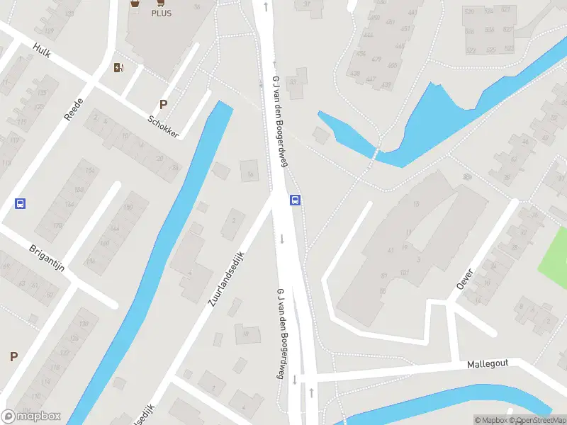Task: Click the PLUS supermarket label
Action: click(161, 13)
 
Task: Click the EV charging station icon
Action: click(119, 68)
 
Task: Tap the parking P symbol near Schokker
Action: click(163, 104)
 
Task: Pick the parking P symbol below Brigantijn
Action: click(13, 356)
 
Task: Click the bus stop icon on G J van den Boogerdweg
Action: click(296, 200)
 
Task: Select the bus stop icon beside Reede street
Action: click(20, 203)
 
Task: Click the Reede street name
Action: click(74, 110)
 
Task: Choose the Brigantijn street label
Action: click(47, 259)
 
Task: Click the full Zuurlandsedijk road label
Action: click(226, 278)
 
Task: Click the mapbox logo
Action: click(31, 416)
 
